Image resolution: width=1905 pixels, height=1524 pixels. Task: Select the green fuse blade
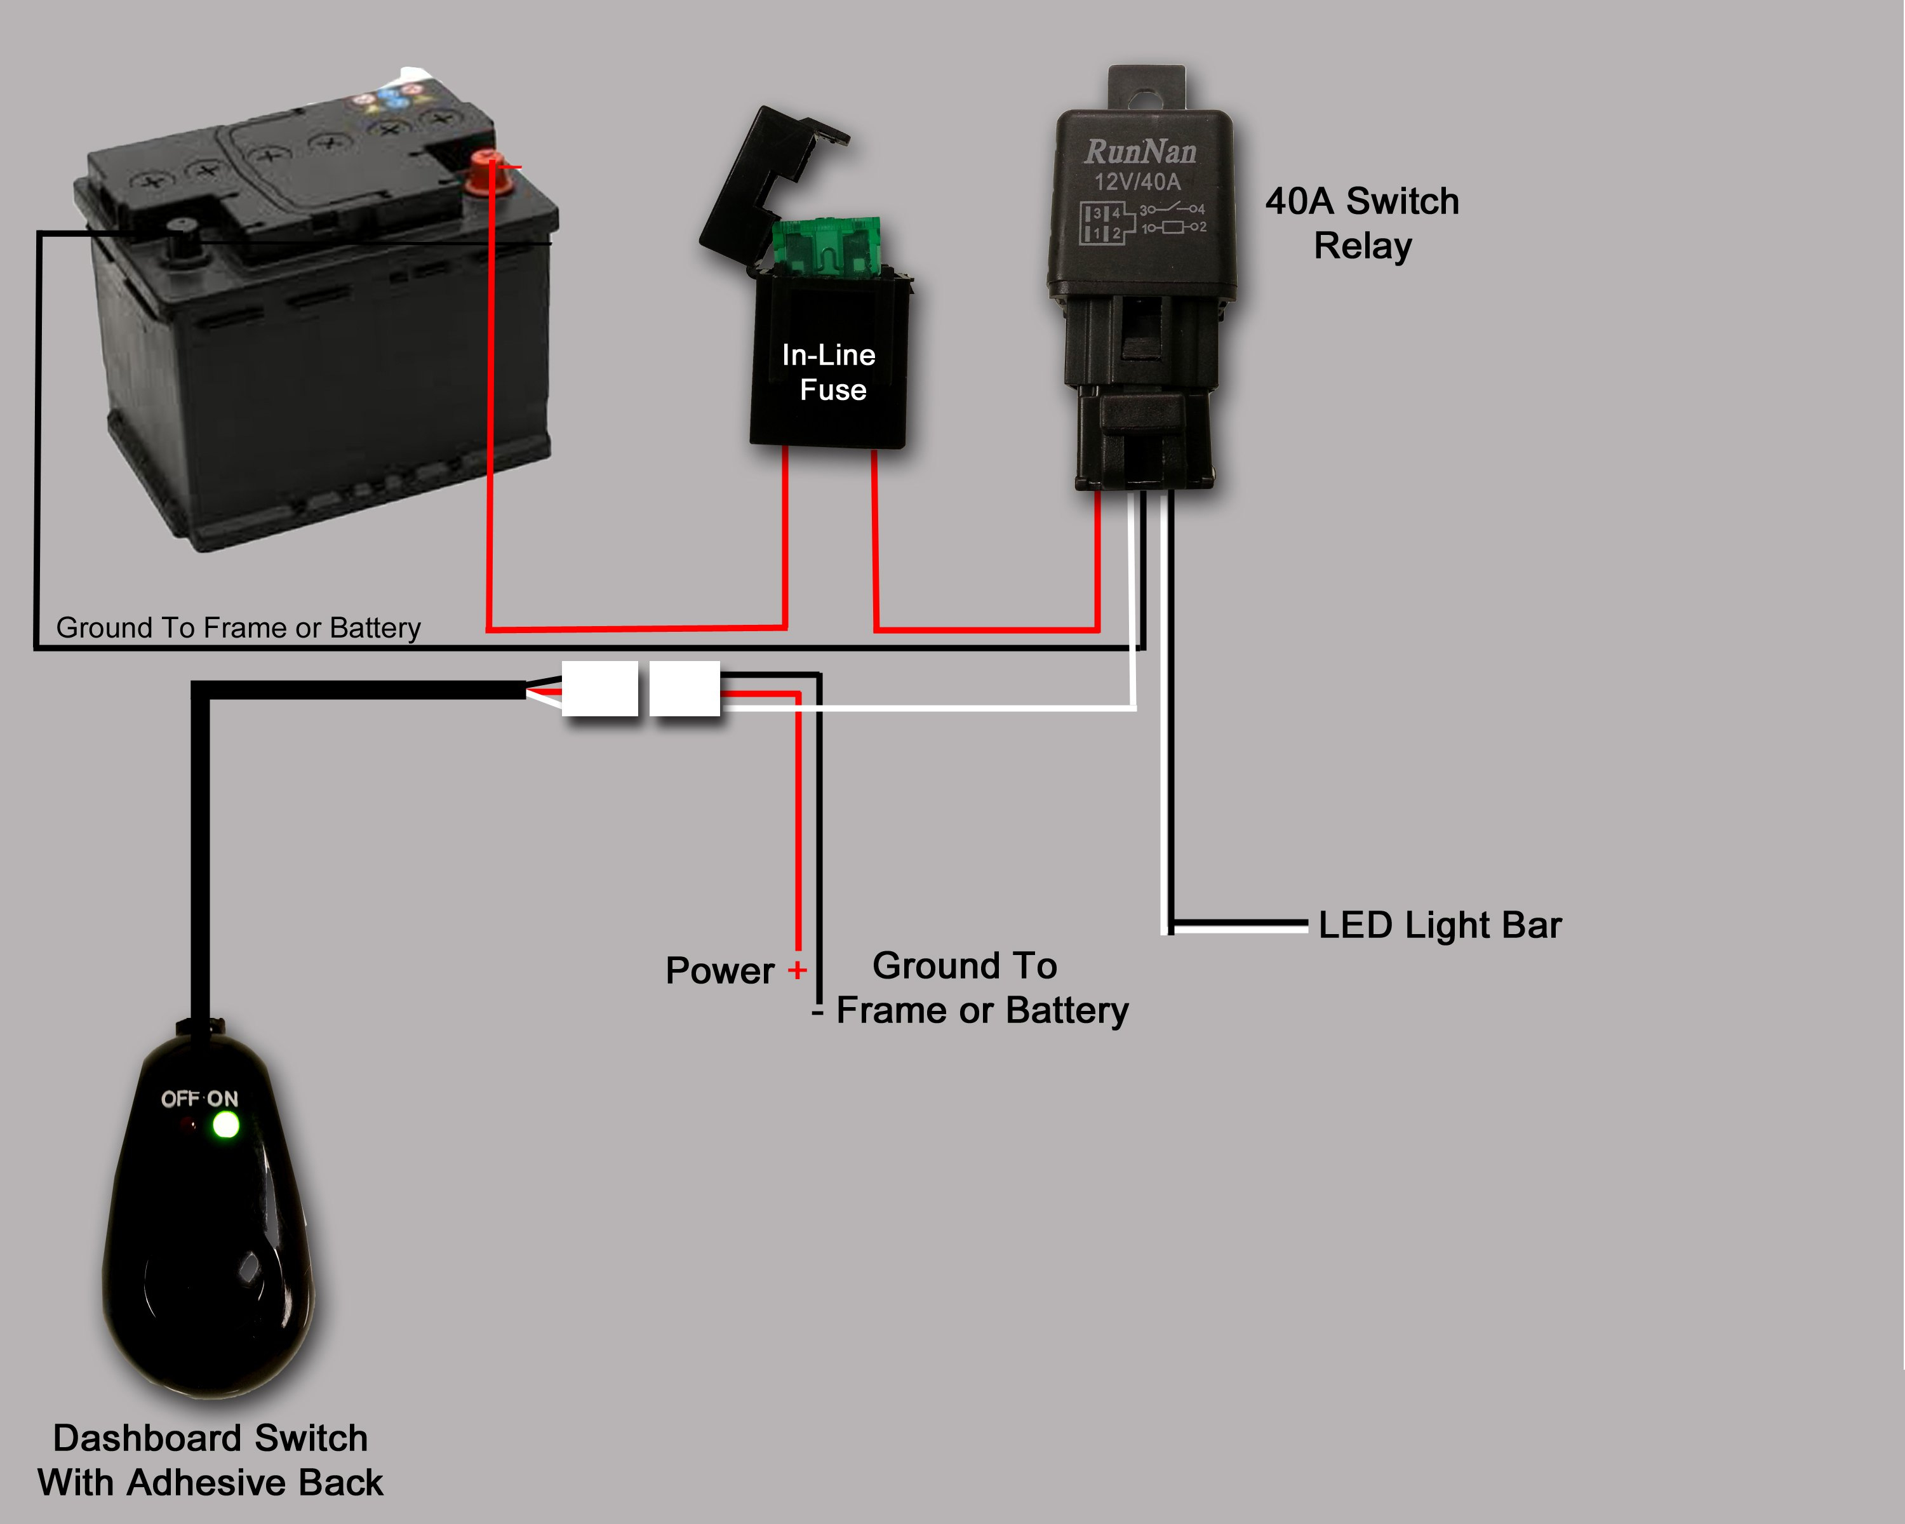click(x=826, y=244)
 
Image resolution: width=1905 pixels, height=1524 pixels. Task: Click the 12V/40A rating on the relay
click(x=1137, y=182)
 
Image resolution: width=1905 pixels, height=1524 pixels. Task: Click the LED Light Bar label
click(x=1440, y=925)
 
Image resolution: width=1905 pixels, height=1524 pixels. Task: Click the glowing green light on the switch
click(x=226, y=1125)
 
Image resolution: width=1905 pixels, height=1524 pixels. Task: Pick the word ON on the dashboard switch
click(x=223, y=1098)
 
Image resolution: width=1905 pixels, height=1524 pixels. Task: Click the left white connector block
click(x=600, y=688)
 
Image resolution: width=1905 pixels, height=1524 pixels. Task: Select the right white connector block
click(x=685, y=688)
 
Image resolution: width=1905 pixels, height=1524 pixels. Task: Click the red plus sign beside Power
click(x=797, y=970)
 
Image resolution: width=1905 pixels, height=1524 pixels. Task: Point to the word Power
click(x=719, y=971)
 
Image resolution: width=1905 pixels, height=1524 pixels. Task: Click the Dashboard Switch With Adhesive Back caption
click(x=210, y=1459)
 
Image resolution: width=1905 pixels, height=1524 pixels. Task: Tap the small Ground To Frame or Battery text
click(x=239, y=627)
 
